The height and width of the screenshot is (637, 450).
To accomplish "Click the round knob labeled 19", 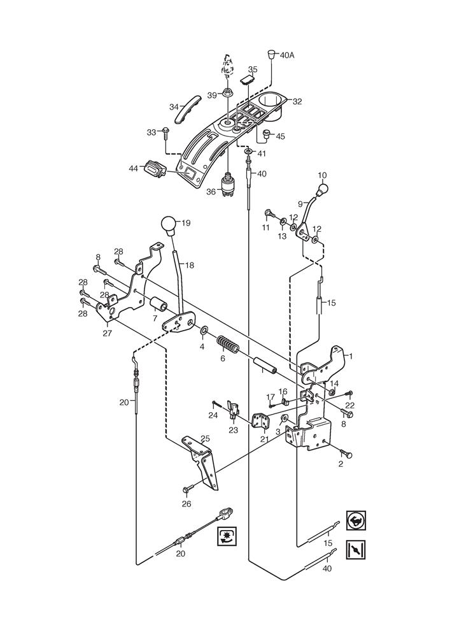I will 168,225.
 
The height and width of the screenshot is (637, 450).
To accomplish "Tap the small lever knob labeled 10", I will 322,189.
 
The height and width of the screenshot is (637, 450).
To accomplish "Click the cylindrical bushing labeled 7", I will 159,306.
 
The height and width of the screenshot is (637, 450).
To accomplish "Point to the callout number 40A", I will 288,55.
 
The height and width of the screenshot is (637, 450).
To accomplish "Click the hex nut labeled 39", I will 227,95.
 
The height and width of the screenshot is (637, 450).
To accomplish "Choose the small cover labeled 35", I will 248,80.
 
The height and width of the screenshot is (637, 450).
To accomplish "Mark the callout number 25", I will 205,438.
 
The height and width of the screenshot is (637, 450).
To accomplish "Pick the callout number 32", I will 297,101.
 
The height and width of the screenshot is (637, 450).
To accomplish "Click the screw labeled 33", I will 166,132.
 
